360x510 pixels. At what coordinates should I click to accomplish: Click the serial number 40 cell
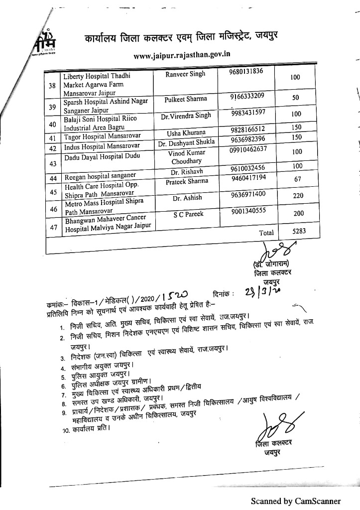point(52,125)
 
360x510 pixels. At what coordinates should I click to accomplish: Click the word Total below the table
point(266,233)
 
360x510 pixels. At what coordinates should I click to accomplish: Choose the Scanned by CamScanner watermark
point(295,501)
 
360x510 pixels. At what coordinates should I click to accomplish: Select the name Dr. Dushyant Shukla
point(186,142)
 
